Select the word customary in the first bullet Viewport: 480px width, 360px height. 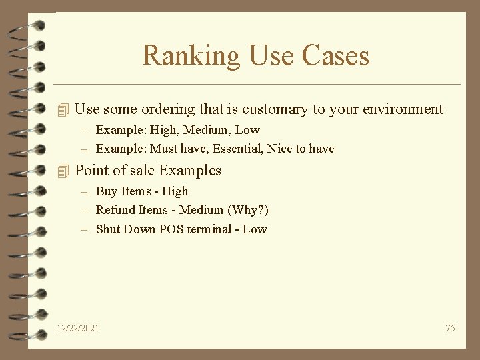pos(275,109)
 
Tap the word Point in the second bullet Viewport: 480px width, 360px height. pos(91,171)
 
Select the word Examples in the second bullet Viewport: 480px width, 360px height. pos(191,171)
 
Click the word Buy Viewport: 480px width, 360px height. pos(107,191)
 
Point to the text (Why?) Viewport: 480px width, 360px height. pos(248,210)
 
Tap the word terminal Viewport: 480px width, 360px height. pos(210,229)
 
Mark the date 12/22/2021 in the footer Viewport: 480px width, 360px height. pos(78,328)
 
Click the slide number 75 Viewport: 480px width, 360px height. pos(450,328)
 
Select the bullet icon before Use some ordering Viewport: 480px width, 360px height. pos(63,109)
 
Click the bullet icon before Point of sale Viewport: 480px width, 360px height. pos(63,171)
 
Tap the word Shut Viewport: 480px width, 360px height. pos(108,229)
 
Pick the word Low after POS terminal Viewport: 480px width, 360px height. pos(255,229)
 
